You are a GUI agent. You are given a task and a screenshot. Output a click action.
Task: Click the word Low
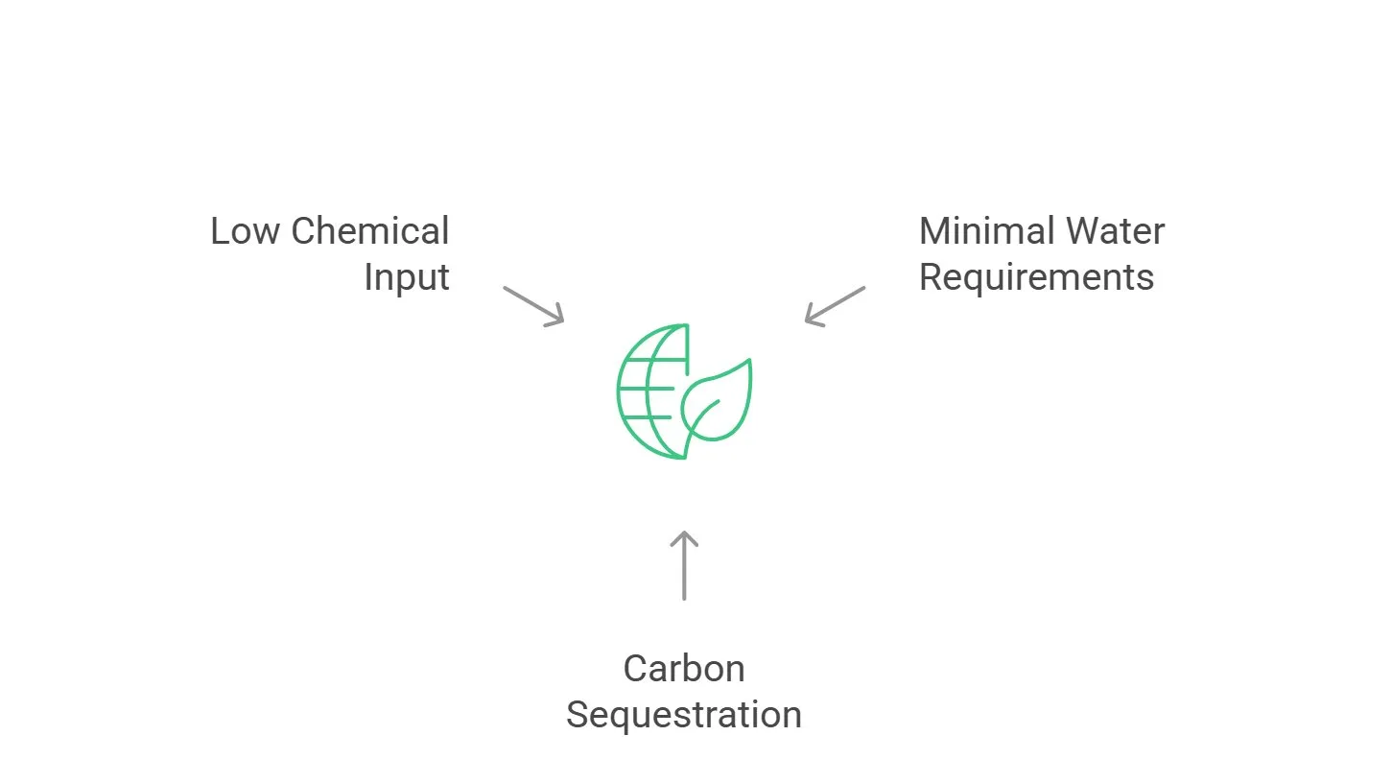click(246, 231)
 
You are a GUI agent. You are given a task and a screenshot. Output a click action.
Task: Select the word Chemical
click(370, 231)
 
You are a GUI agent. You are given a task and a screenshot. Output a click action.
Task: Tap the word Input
click(407, 277)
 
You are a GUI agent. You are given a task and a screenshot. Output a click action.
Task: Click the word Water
click(1119, 231)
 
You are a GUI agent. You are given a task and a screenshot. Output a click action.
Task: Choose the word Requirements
click(1036, 277)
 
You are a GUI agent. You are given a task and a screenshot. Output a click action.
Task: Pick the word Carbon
click(683, 669)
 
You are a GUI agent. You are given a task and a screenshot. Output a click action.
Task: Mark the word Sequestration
click(683, 715)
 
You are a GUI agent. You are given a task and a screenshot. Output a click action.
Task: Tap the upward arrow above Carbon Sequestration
click(683, 566)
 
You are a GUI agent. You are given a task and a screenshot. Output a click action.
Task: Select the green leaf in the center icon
click(729, 403)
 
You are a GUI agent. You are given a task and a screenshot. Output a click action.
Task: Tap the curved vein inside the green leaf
click(703, 418)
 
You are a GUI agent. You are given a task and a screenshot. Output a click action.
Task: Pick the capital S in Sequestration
click(577, 715)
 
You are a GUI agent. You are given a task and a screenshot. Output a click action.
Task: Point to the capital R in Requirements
click(931, 277)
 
